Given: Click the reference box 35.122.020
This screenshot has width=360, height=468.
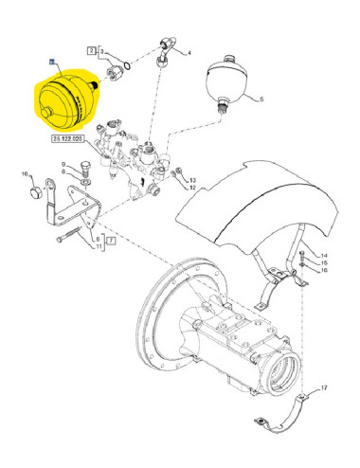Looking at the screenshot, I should point(72,140).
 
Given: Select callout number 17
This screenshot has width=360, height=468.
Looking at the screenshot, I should point(324,387).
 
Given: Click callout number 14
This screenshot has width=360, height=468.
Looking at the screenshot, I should point(323,256).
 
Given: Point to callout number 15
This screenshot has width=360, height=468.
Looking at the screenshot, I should point(323,263).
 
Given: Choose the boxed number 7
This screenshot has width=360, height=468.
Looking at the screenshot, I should point(109,243).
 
